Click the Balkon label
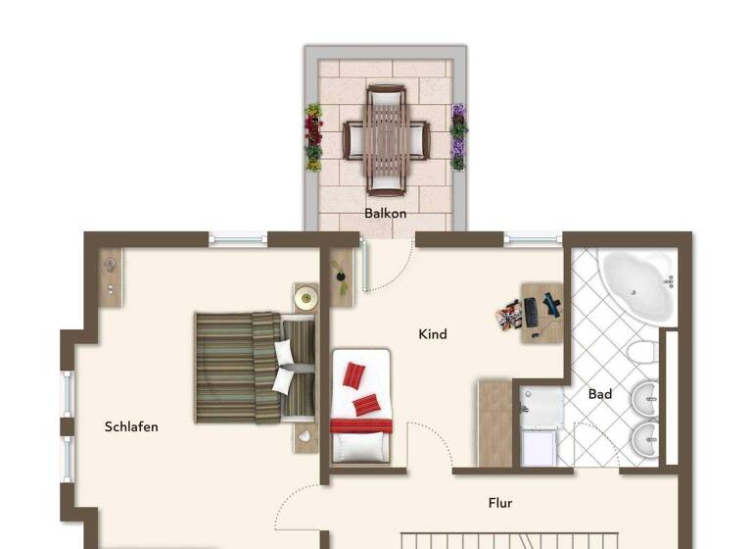[385, 213]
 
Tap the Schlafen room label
[131, 426]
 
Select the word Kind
[432, 334]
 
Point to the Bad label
[600, 394]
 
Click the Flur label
[500, 503]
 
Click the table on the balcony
[386, 140]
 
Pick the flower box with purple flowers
[457, 137]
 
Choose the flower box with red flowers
[313, 137]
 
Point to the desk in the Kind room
[540, 313]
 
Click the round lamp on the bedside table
[306, 296]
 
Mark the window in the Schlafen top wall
[238, 237]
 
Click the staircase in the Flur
[509, 539]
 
